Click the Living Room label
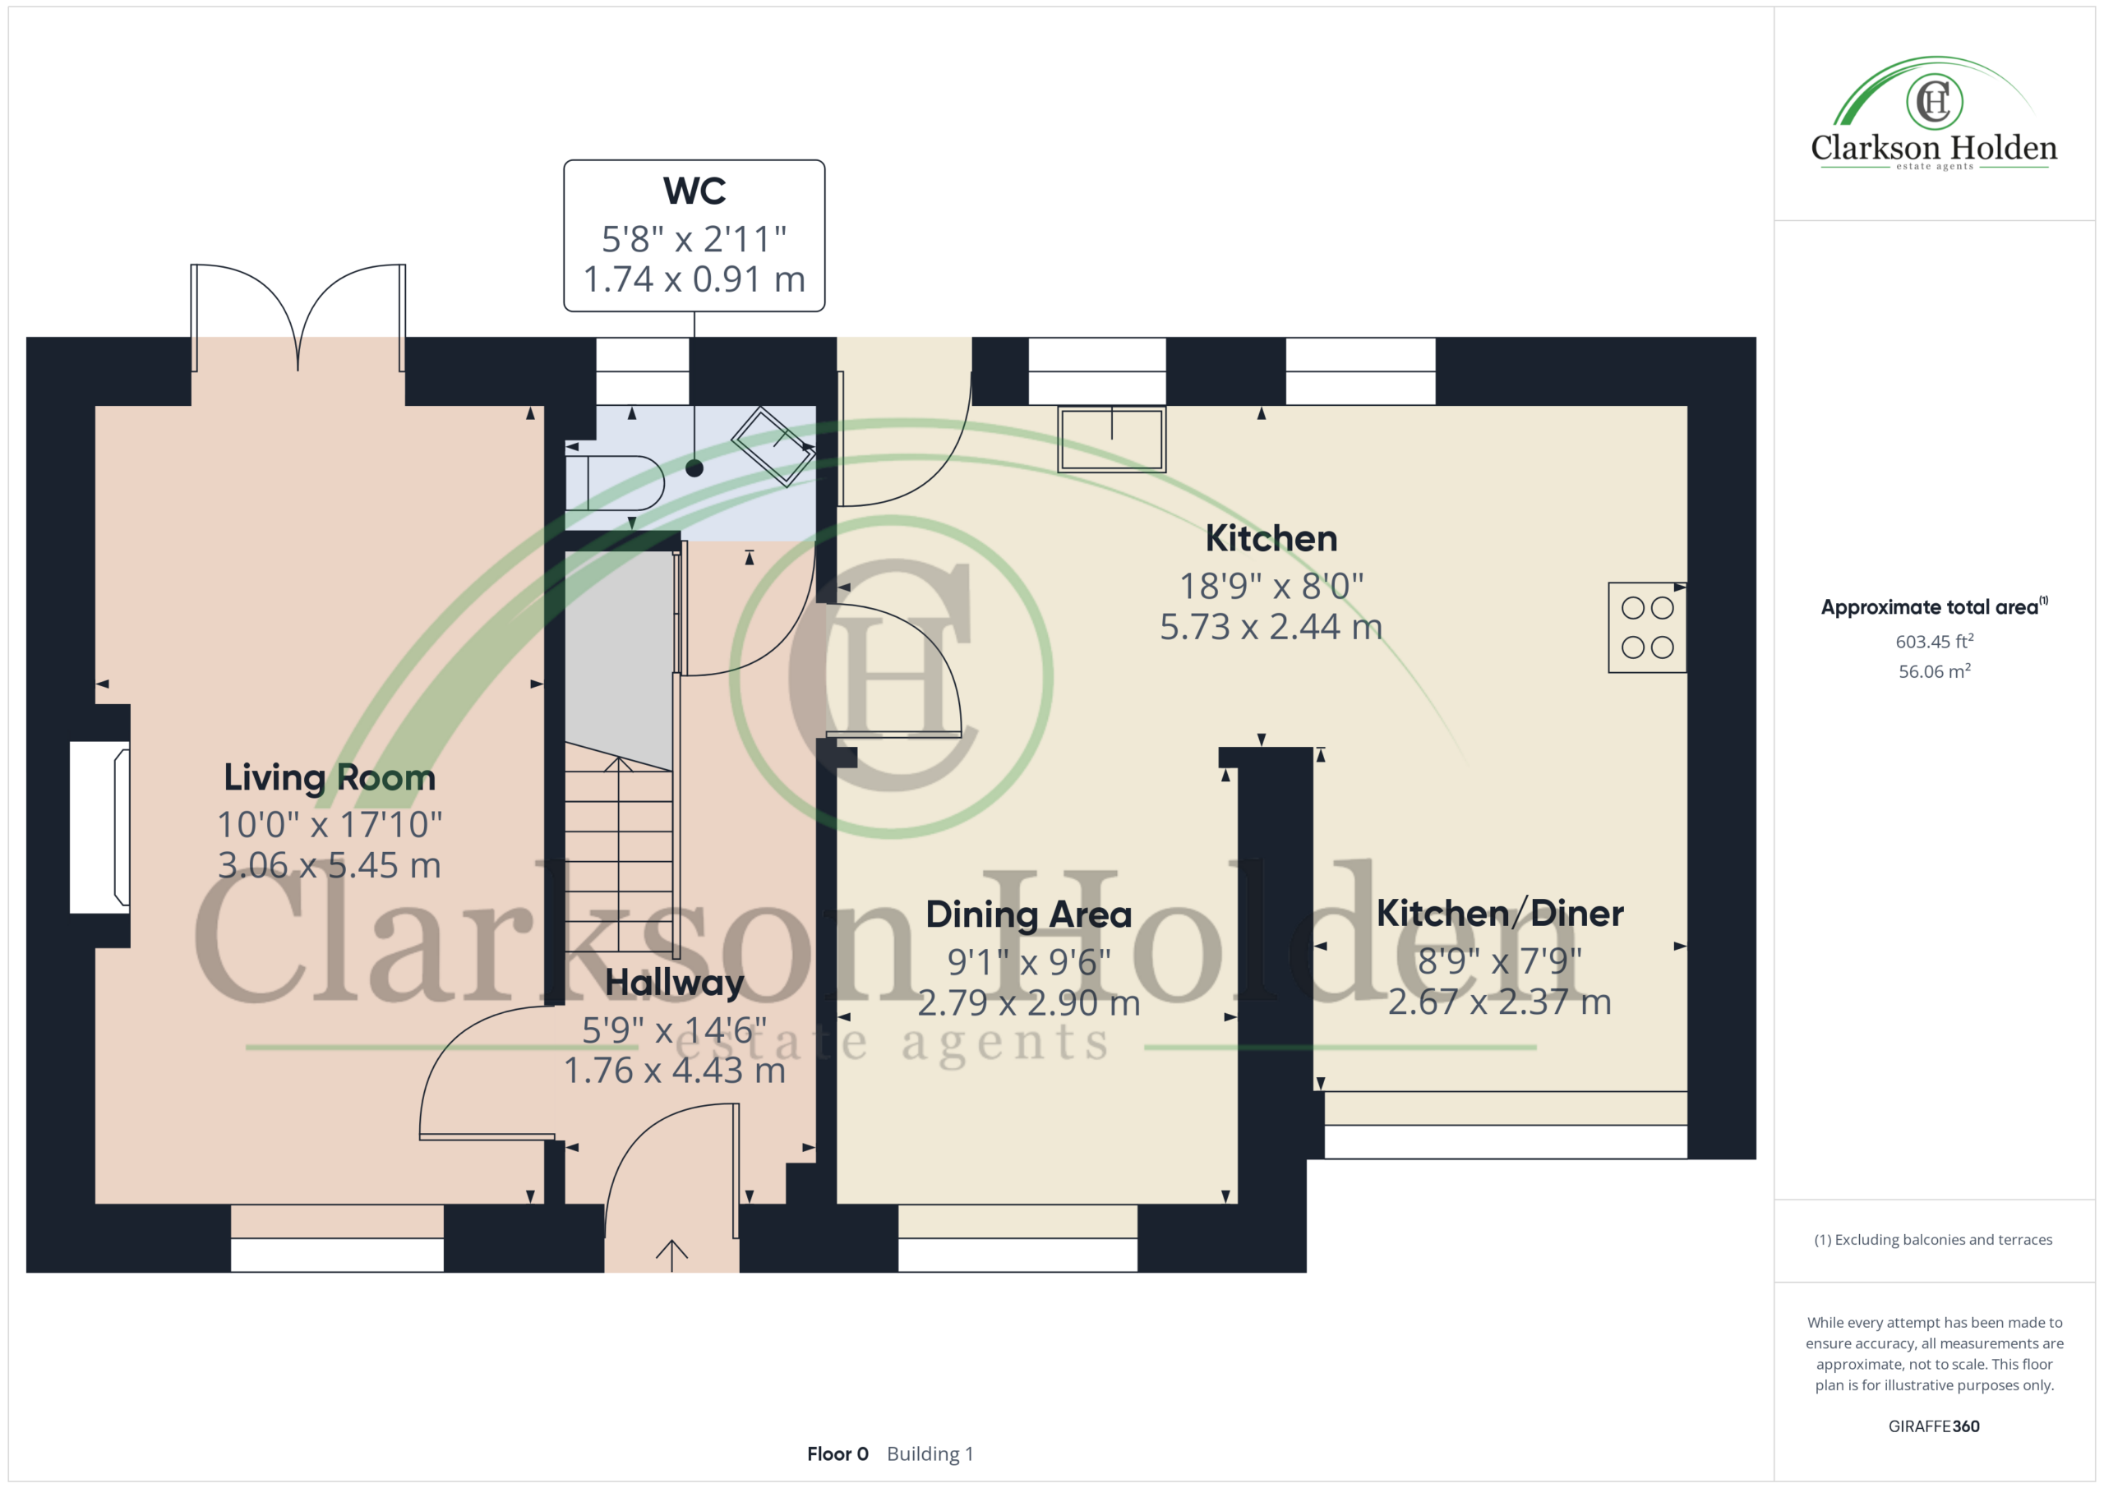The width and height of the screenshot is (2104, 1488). [330, 778]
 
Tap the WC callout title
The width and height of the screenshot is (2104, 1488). [694, 191]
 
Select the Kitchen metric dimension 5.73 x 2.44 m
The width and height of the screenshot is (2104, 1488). [1271, 627]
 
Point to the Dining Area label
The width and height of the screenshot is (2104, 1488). [1028, 914]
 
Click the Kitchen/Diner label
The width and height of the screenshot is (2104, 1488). [1500, 914]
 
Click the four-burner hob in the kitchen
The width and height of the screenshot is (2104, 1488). [1647, 628]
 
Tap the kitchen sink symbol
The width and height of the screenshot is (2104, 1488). [1111, 440]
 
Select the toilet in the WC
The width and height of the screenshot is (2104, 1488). [614, 482]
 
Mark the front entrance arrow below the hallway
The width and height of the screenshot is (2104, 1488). [671, 1255]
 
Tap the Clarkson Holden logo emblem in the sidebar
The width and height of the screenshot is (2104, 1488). [1934, 101]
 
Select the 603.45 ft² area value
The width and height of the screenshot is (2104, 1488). [1935, 642]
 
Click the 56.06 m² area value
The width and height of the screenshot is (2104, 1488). [1935, 671]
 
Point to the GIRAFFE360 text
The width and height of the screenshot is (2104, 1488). [1934, 1426]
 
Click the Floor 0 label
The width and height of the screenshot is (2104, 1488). [837, 1454]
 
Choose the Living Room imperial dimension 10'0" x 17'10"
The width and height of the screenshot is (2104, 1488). [330, 825]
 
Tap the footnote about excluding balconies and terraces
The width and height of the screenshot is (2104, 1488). [1934, 1240]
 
